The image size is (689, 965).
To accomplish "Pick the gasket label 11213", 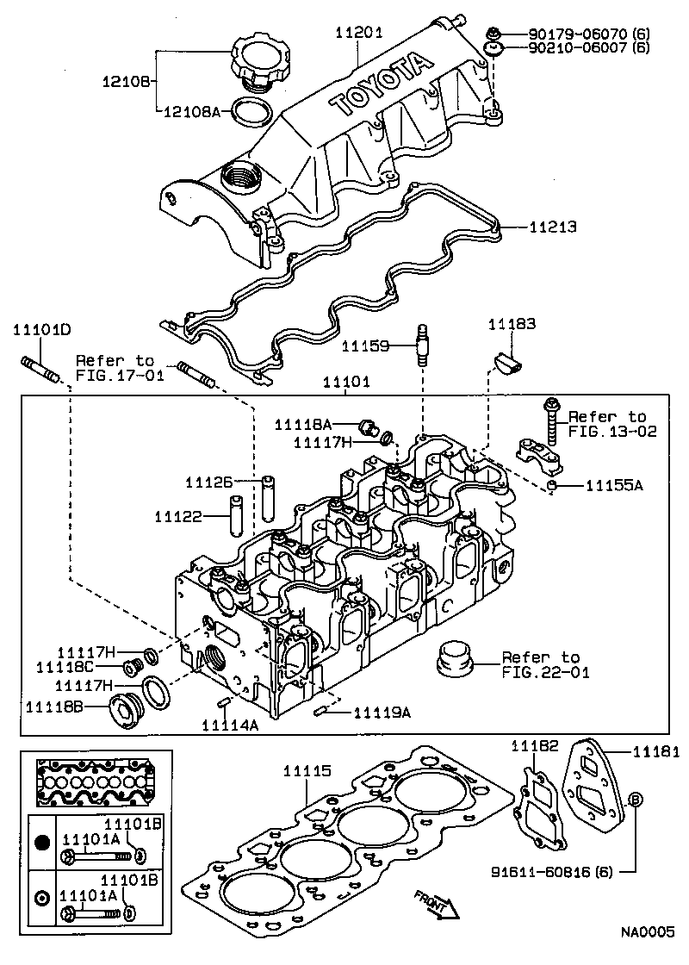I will pos(552,227).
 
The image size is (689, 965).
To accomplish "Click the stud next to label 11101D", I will pos(41,367).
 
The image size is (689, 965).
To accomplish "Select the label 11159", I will pos(367,346).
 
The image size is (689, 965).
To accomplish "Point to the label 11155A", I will pos(614,486).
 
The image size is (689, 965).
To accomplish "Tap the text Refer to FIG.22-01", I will pos(546,664).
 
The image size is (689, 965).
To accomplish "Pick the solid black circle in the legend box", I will pos(41,841).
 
